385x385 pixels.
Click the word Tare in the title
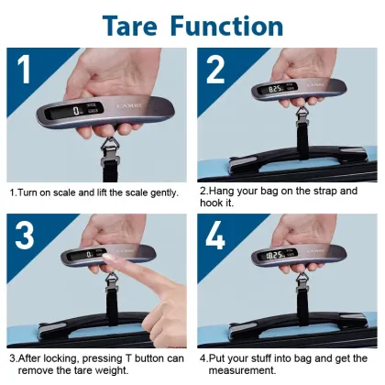point(137,25)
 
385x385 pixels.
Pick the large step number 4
point(216,236)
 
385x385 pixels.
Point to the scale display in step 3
point(87,253)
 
